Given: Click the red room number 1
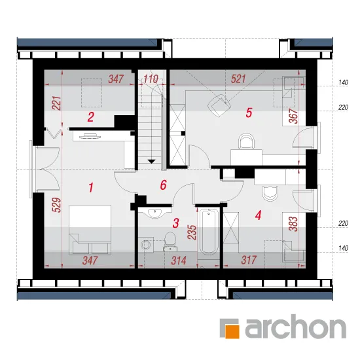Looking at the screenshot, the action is point(91,187).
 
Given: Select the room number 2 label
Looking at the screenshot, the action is point(91,117).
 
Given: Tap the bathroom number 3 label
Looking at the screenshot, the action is point(175,223).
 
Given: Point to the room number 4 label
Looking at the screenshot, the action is point(258,215).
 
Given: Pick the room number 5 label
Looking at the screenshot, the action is point(249,113).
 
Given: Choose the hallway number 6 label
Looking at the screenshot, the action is point(163,185).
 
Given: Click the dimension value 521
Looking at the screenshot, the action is point(238,79).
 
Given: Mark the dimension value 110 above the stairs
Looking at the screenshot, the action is point(151,79).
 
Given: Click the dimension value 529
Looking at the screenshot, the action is point(58,205).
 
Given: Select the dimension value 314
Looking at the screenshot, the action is point(179,261).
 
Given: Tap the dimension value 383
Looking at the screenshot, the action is point(294,224).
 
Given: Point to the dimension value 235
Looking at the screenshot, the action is point(192,232).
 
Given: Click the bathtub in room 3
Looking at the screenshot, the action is point(208,232).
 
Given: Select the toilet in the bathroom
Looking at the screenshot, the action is point(170,242).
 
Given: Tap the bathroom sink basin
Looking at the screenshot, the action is point(154,212).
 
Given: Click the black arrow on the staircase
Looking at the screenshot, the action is point(151,162).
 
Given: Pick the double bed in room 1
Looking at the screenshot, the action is point(90,230).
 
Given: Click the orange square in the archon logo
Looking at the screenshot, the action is point(232,332).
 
